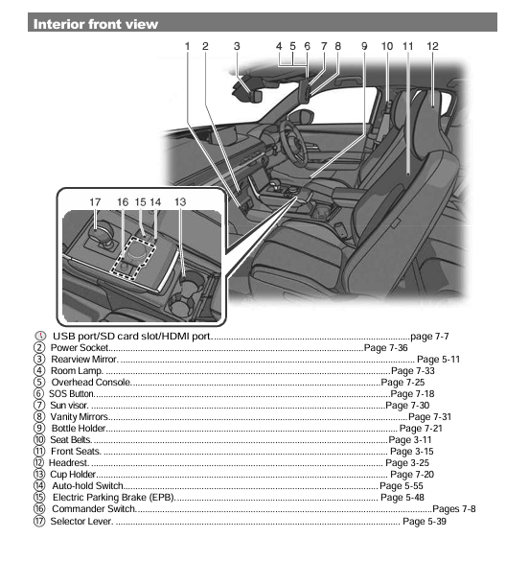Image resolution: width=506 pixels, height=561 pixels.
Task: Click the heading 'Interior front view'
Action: tap(97, 24)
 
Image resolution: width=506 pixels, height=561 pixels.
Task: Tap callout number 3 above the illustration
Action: tap(237, 45)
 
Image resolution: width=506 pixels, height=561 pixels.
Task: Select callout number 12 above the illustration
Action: tap(433, 45)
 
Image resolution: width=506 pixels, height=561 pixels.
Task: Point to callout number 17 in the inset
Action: tap(95, 202)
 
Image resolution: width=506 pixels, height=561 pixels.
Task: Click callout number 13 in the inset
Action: tap(180, 202)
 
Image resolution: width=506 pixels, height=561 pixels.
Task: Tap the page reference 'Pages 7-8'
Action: tap(453, 509)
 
